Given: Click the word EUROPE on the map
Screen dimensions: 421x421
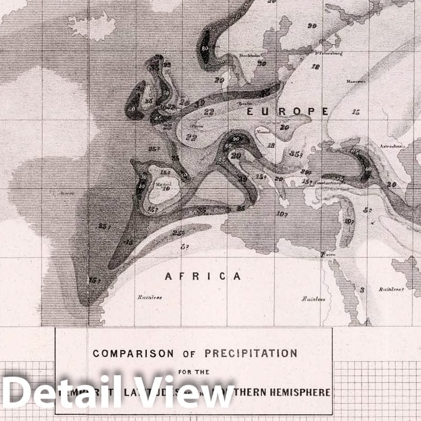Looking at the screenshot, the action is tap(287, 111).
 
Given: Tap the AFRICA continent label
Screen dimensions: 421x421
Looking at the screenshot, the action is tap(203, 276).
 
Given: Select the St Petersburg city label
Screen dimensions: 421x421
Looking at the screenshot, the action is tap(329, 54).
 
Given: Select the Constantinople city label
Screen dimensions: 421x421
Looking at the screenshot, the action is tap(329, 183).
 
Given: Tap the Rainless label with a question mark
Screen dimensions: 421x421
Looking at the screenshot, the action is tap(392, 289).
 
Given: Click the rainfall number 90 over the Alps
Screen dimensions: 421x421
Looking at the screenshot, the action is tap(236, 139).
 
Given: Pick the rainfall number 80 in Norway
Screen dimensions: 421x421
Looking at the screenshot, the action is tap(205, 48).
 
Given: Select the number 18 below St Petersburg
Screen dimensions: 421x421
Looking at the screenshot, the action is tap(315, 66).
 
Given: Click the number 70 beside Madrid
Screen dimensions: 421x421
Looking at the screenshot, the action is tap(166, 188).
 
